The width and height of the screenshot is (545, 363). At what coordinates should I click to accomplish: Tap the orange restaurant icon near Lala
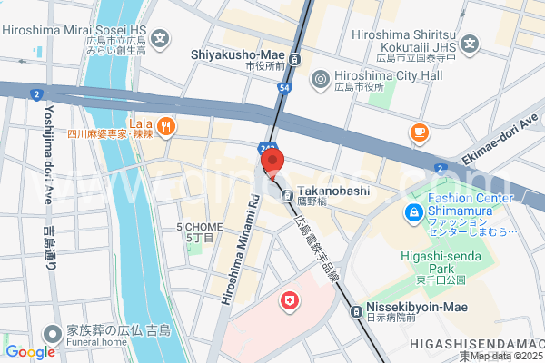tap(165, 127)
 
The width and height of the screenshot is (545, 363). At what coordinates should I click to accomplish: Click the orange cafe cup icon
tap(419, 133)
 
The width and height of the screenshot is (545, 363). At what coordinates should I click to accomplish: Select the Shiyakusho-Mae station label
tap(239, 54)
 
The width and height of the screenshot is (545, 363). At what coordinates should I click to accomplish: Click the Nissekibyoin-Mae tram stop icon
tap(355, 312)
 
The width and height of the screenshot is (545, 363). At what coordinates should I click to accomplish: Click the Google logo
tap(29, 352)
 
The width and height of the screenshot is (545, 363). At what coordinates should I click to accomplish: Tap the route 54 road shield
tap(285, 87)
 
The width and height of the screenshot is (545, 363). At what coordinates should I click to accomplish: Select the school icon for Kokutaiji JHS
tap(470, 43)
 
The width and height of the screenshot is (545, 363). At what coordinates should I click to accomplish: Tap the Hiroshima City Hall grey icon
tap(319, 79)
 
